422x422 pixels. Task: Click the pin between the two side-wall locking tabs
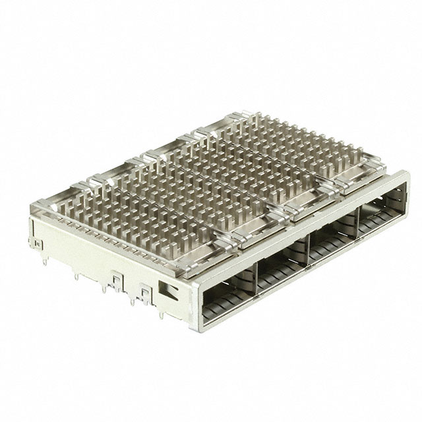click(x=131, y=296)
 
